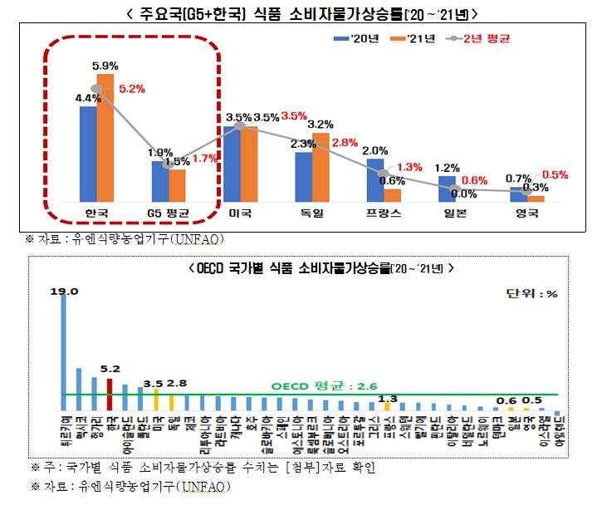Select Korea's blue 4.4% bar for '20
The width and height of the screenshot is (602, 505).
[x=88, y=154]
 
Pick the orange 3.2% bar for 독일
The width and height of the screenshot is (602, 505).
[x=321, y=167]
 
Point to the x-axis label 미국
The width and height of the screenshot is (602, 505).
[x=241, y=214]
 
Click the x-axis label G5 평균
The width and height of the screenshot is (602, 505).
[x=169, y=214]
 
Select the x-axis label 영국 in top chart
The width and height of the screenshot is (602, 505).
[x=527, y=214]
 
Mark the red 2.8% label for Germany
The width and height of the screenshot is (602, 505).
[x=344, y=142]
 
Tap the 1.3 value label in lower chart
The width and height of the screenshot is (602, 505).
[x=386, y=399]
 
